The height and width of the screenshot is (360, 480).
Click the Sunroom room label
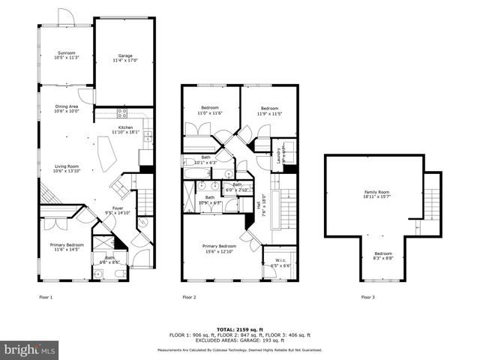tap(66, 55)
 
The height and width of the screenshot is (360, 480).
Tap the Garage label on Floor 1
tap(124, 58)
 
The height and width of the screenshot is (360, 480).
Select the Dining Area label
tap(66, 109)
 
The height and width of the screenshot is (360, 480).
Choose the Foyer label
tap(118, 210)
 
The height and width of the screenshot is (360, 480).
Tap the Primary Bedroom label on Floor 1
tap(67, 247)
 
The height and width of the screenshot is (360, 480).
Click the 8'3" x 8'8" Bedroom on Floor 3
tap(383, 255)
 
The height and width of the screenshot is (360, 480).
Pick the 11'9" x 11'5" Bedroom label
tap(270, 110)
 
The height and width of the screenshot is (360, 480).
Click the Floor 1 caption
tap(46, 298)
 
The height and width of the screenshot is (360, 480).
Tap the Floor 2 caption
tap(189, 298)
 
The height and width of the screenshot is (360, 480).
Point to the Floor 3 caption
tap(368, 298)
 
